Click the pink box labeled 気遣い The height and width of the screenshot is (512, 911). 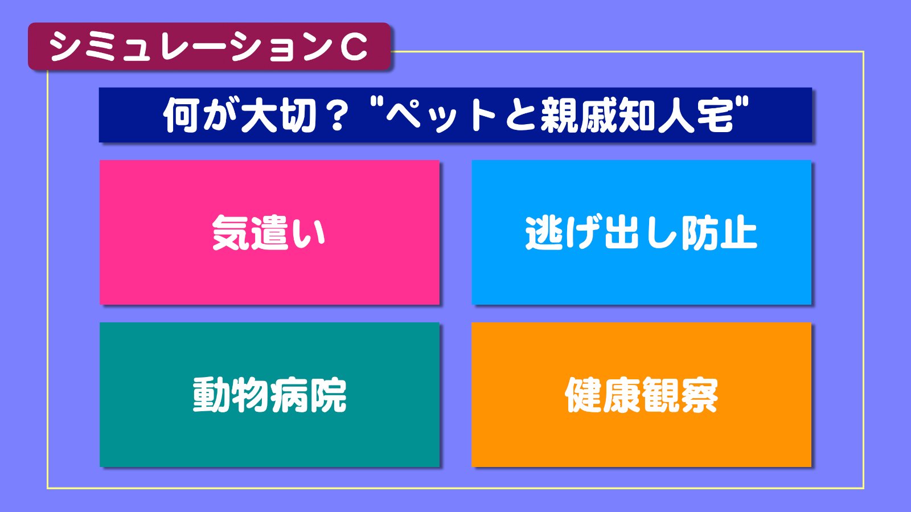[269, 232]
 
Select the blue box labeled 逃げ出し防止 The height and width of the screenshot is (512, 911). [641, 232]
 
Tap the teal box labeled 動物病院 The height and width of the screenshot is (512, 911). [269, 395]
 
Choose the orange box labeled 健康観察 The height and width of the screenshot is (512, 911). [641, 395]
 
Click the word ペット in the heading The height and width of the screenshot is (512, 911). [441, 116]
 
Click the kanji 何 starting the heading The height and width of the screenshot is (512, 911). [182, 116]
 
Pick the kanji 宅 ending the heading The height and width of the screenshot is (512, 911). [715, 116]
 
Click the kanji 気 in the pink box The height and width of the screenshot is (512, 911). [230, 232]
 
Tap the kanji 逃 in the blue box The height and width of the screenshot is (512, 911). [544, 232]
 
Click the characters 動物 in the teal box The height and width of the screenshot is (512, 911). [230, 395]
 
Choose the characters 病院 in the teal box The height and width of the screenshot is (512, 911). [308, 395]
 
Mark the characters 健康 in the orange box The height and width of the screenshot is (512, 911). [603, 395]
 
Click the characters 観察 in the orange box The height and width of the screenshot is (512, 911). [680, 395]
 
